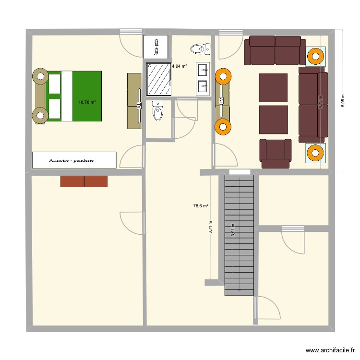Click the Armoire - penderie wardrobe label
coord(74,160)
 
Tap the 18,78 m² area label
coord(87,102)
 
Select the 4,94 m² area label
coord(179,66)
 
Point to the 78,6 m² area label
coord(201,206)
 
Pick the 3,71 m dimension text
coord(210,227)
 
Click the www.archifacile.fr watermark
coord(329,351)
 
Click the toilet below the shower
coord(157,112)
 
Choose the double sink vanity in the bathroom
coord(204,79)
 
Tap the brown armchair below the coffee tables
coord(275,154)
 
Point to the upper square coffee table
coord(273,87)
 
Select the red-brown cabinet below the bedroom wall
coord(84,181)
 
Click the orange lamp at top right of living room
coord(315,56)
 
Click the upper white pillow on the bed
coord(54,83)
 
